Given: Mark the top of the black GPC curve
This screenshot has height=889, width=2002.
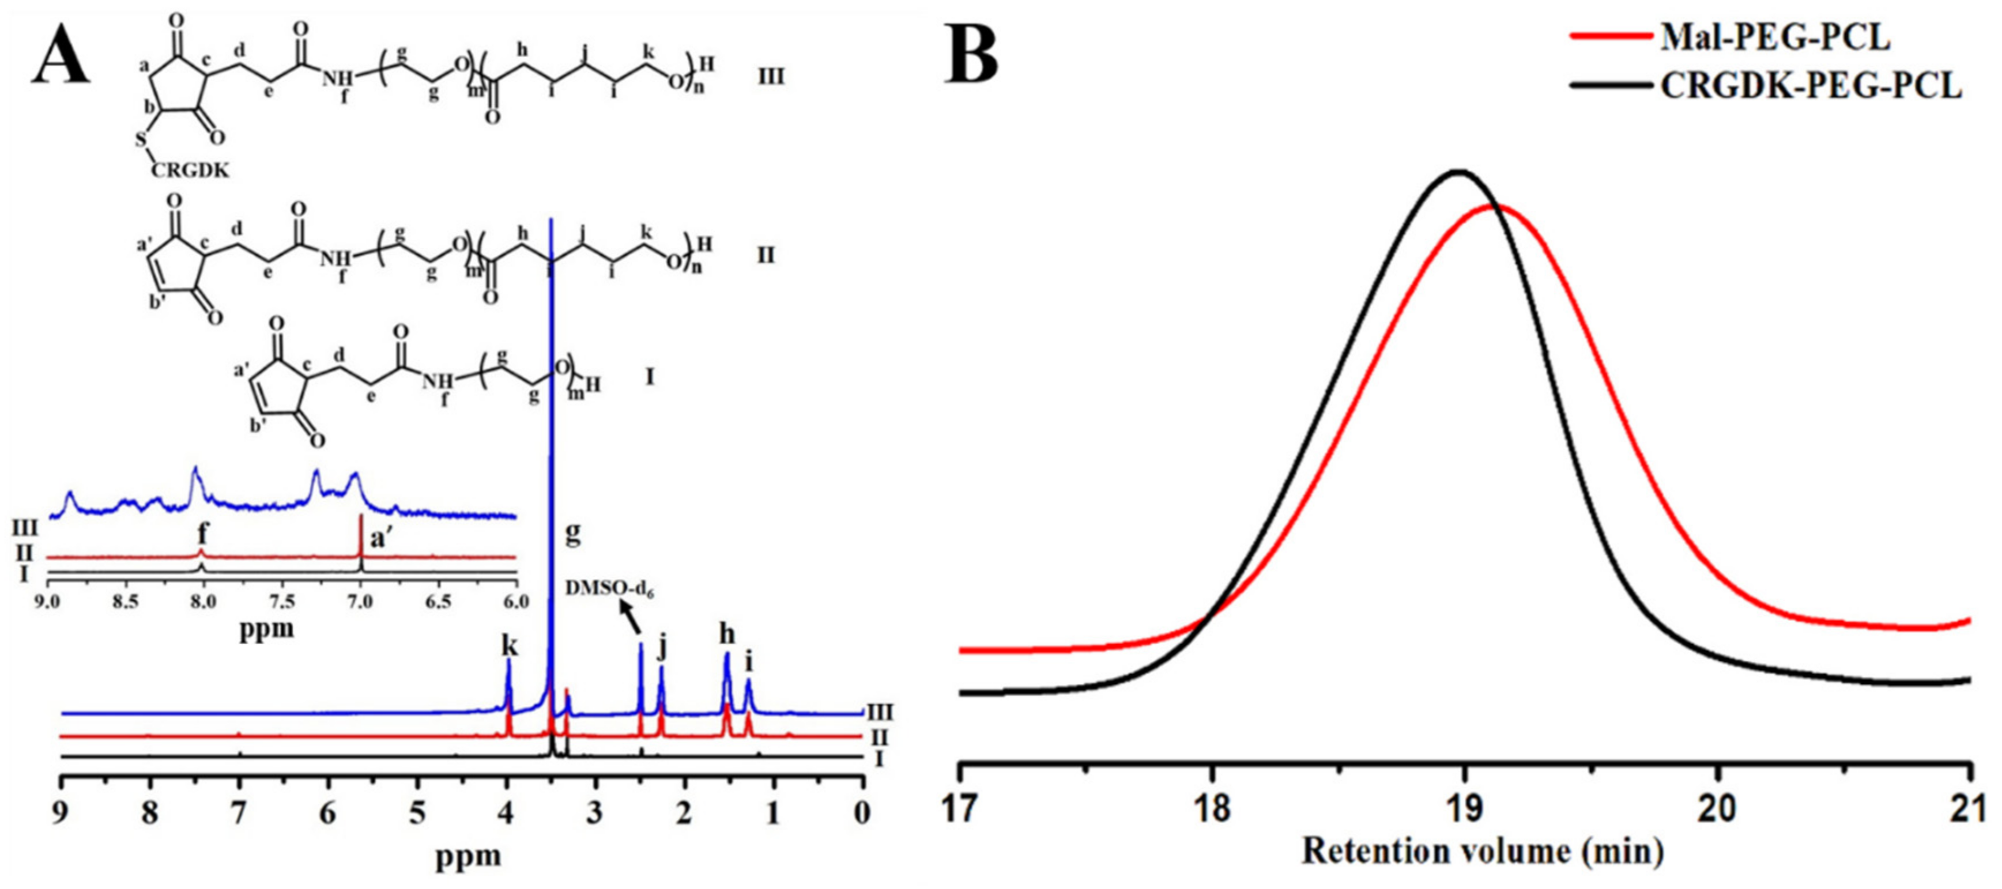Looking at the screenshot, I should tap(1459, 171).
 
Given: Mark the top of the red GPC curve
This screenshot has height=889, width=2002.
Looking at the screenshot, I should tap(1496, 206).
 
